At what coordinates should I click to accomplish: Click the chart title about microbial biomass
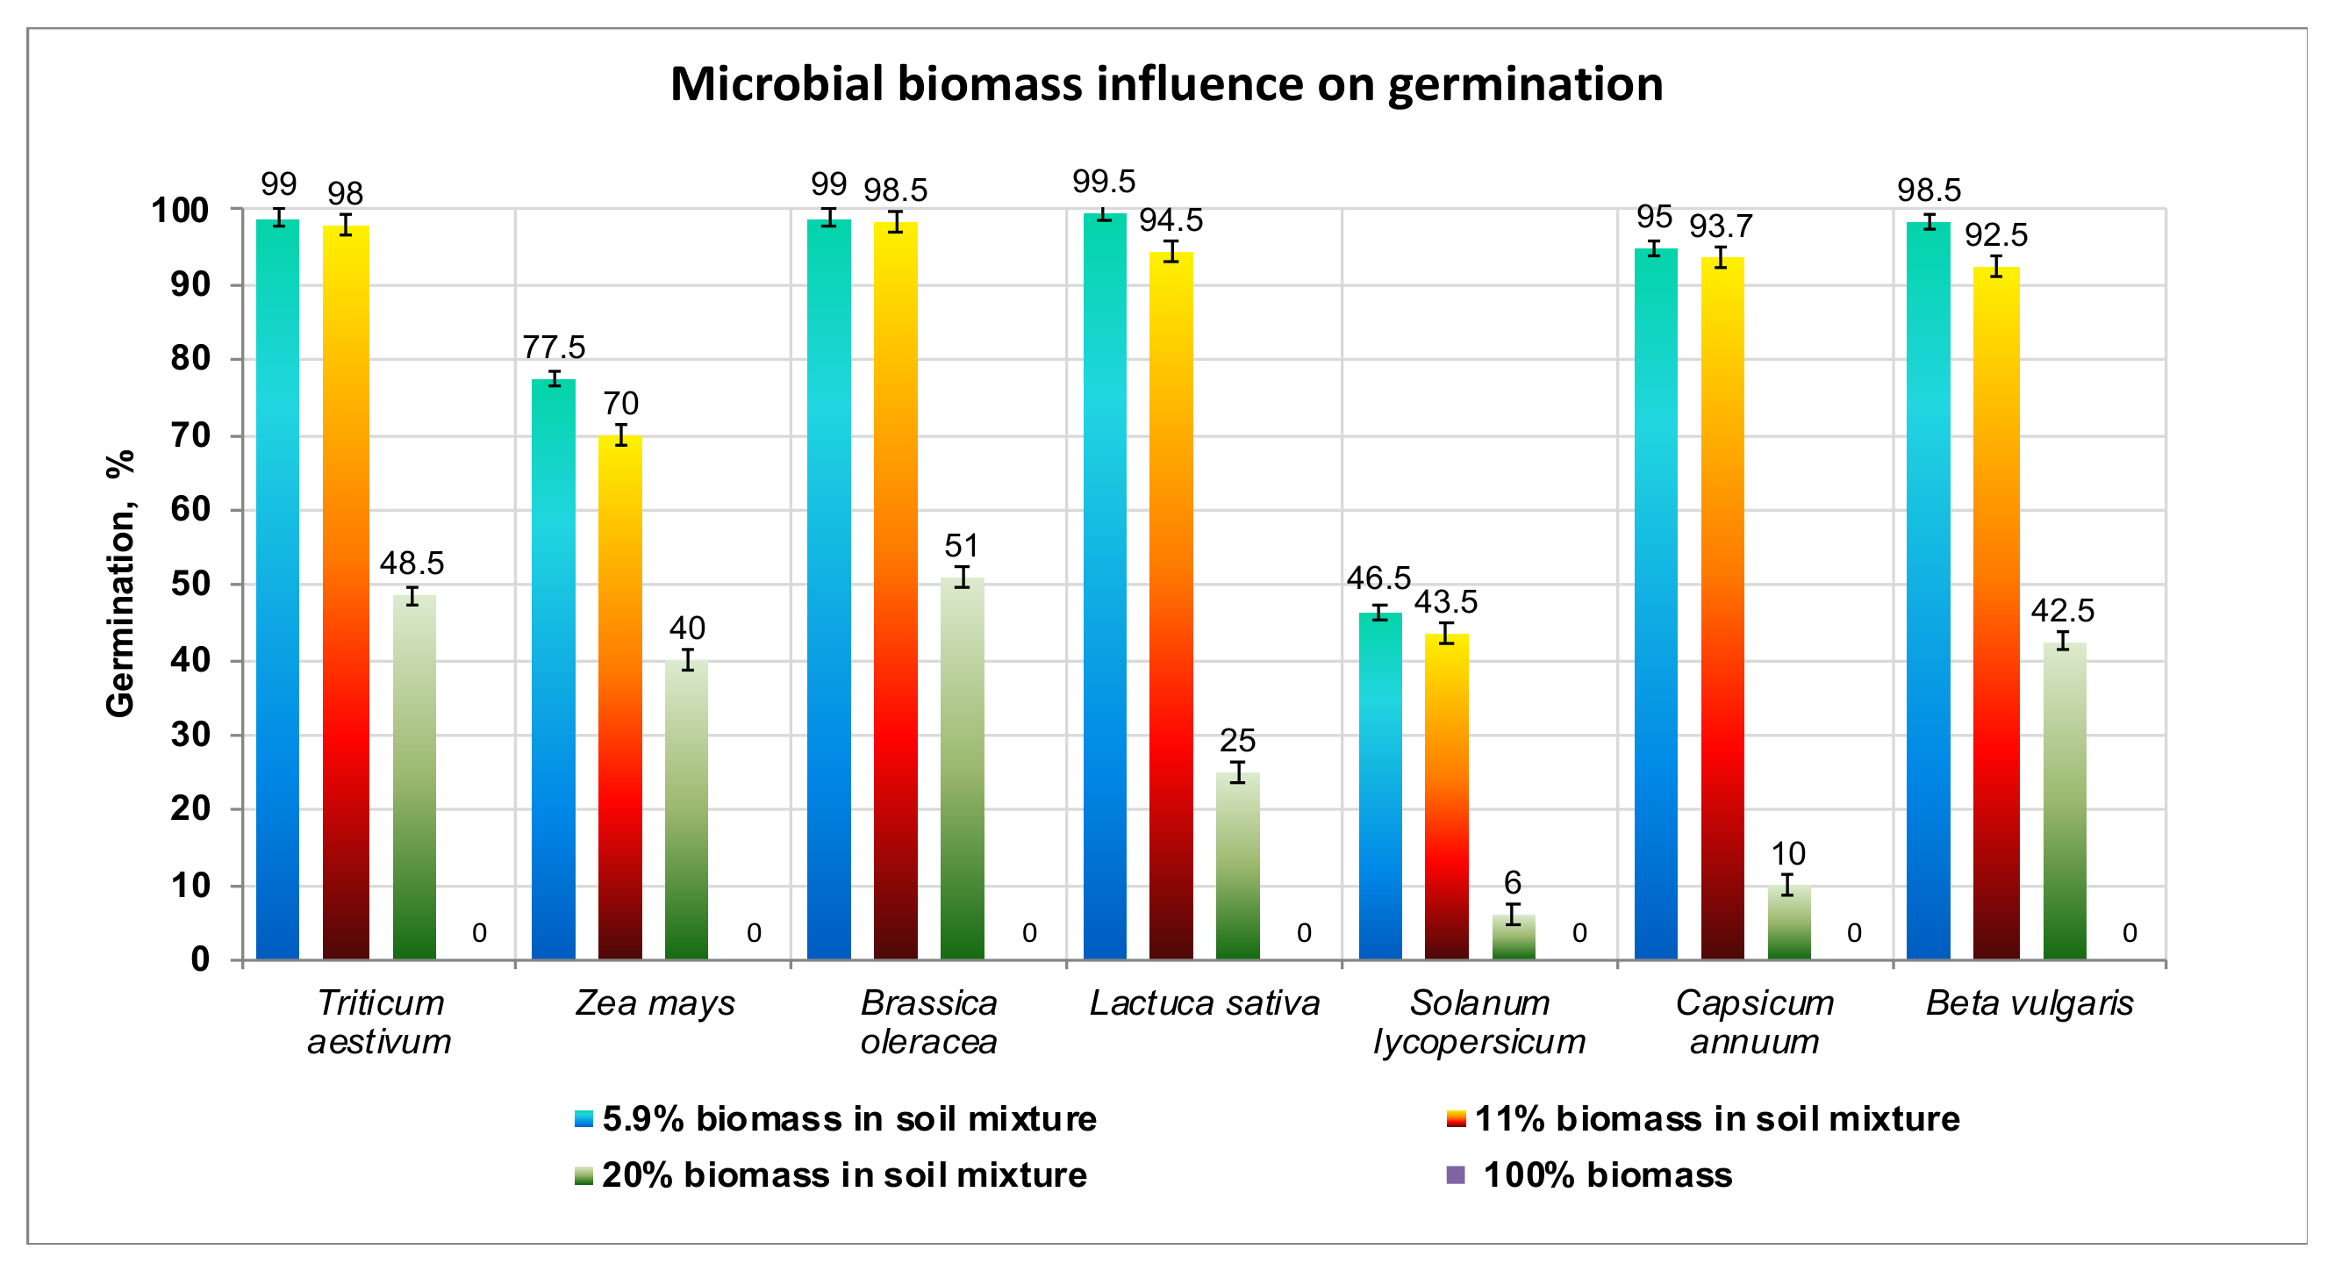[x=1166, y=84]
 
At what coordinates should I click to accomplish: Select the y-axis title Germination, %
[x=120, y=585]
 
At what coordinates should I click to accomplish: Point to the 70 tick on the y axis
[x=190, y=436]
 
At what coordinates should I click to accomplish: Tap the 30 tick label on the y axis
[x=190, y=735]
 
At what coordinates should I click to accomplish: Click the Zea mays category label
[x=655, y=1004]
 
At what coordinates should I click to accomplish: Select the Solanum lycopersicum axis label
[x=1478, y=1022]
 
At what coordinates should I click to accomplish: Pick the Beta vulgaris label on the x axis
[x=2029, y=1004]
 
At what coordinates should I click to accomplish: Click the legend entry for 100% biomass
[x=1607, y=1175]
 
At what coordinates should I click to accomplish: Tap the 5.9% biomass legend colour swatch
[x=583, y=1120]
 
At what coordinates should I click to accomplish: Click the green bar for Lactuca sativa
[x=1238, y=865]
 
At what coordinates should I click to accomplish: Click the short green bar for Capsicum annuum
[x=1788, y=923]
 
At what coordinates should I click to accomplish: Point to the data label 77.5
[x=554, y=347]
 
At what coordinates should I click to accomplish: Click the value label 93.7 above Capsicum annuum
[x=1721, y=226]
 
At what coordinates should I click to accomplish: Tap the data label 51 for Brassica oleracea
[x=962, y=545]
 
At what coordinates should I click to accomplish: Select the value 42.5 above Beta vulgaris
[x=2062, y=611]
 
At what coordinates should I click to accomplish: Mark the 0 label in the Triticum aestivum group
[x=479, y=932]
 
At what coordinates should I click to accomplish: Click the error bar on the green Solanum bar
[x=1513, y=914]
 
